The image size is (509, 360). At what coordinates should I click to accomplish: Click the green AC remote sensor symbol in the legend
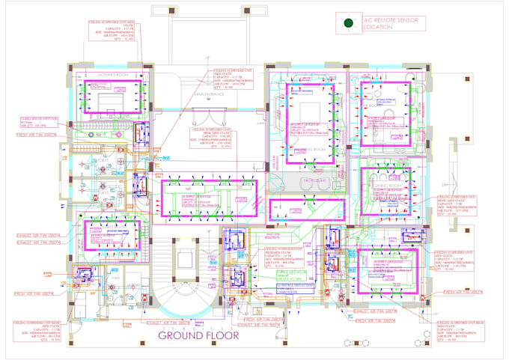(348, 24)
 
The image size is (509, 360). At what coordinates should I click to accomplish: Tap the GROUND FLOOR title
(198, 336)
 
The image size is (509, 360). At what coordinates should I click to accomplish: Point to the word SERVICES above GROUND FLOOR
(198, 328)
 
